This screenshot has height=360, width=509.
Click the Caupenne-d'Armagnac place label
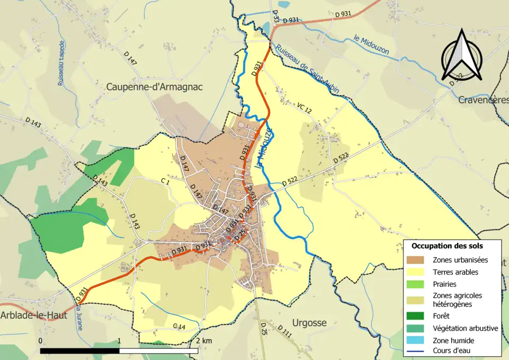(x=155, y=86)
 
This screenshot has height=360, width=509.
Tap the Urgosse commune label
(x=309, y=322)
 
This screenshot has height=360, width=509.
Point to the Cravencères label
(x=482, y=100)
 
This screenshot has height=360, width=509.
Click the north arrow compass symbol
(x=462, y=55)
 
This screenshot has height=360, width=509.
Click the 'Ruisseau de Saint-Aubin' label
(x=308, y=69)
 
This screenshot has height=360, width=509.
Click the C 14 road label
(x=179, y=326)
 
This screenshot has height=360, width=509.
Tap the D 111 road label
(x=285, y=333)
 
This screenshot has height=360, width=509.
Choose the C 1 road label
(x=164, y=181)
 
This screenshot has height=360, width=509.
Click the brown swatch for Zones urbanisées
(x=418, y=260)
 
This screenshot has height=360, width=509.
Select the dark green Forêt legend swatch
(x=418, y=316)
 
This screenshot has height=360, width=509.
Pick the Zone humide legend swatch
(x=418, y=340)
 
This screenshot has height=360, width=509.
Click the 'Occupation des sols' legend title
(x=447, y=246)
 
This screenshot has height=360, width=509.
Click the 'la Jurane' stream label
(x=80, y=317)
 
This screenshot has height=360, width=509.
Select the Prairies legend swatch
(x=418, y=284)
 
